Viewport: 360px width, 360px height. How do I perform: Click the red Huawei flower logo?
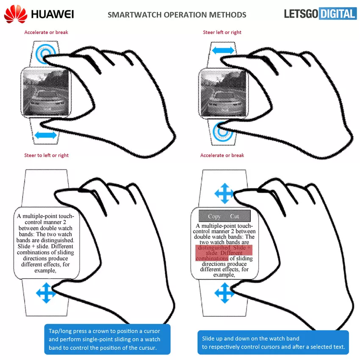(16, 14)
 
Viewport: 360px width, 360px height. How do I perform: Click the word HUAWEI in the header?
(53, 14)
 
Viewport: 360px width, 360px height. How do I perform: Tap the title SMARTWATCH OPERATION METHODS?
(177, 15)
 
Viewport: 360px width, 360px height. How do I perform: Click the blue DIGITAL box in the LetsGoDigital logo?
(338, 14)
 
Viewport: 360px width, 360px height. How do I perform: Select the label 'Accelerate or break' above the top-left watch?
(46, 32)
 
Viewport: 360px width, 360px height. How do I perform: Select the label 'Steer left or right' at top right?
(223, 32)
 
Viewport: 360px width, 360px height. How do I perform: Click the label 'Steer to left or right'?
(46, 155)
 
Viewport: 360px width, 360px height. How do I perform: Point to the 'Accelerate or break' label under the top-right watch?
(222, 155)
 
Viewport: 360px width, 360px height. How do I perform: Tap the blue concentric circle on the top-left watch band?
(45, 54)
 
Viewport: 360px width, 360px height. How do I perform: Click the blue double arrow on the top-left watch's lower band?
(45, 135)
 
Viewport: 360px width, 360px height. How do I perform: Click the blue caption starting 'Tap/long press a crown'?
(107, 339)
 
